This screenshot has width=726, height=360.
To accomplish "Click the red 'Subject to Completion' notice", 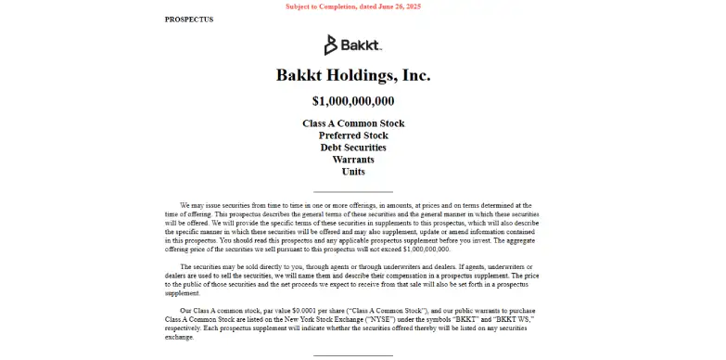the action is click(x=352, y=7).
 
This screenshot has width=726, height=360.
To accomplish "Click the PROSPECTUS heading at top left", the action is click(x=188, y=19).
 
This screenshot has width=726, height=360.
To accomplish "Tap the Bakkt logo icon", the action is click(x=331, y=45).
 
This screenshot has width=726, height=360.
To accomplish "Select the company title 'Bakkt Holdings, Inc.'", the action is click(x=353, y=75).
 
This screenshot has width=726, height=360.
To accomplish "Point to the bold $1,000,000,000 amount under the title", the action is click(x=353, y=101).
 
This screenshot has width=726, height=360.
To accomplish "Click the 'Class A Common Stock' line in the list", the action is click(x=353, y=123).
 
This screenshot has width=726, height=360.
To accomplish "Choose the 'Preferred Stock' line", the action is click(x=353, y=135).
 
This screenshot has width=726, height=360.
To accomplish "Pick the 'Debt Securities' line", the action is click(x=353, y=148).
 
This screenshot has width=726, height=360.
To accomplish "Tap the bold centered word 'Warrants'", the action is click(x=353, y=160).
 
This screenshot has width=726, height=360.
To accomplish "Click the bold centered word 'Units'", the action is click(x=353, y=172).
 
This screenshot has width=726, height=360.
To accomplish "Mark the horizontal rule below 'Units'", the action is click(x=353, y=191).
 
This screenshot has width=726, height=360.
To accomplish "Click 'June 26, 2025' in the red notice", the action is click(x=393, y=7).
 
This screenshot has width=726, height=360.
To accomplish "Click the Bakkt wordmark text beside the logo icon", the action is click(x=363, y=45).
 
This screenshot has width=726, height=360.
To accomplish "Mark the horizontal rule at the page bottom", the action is click(x=353, y=354).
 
